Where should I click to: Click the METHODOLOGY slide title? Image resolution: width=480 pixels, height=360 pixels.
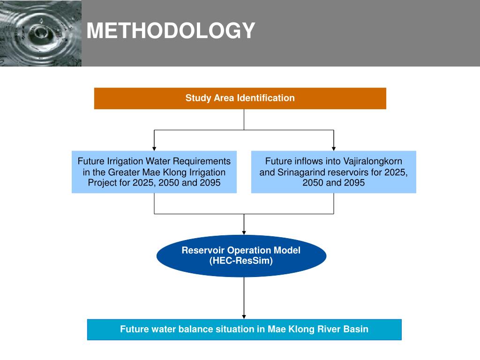pos(171,31)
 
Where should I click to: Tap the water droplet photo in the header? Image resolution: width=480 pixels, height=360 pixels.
pos(40,33)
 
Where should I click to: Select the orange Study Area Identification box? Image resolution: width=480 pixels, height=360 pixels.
pos(240,98)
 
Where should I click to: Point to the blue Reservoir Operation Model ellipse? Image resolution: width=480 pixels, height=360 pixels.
pos(241,255)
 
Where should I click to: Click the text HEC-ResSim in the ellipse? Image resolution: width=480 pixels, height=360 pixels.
pos(241,261)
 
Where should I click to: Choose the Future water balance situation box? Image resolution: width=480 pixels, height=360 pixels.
pos(244,329)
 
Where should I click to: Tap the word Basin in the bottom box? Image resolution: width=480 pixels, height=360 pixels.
pos(356,329)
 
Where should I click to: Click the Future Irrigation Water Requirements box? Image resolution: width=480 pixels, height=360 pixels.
pos(154,172)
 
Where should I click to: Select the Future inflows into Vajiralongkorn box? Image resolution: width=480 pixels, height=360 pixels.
pos(333,172)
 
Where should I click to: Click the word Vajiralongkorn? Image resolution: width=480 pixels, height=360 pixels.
pos(372,161)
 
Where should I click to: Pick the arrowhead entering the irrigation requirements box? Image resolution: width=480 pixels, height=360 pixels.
pos(154,148)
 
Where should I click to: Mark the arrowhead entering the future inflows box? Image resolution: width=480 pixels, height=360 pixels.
pos(334,148)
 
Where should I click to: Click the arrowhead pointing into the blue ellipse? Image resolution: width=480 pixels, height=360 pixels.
pos(244,232)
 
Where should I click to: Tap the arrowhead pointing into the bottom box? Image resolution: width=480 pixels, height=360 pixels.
pos(244,317)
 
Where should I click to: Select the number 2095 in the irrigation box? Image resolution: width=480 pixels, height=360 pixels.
pos(210,183)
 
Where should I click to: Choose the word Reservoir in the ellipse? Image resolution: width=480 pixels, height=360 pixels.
pos(202,250)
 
